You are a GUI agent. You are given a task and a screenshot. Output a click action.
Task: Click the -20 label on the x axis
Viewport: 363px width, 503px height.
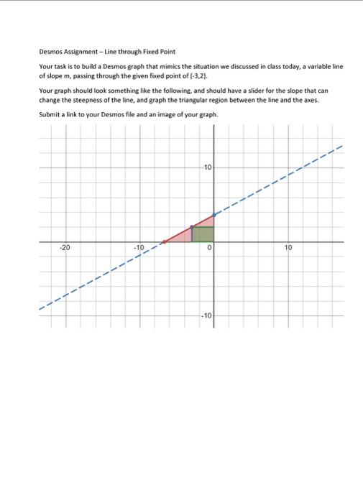[65, 248]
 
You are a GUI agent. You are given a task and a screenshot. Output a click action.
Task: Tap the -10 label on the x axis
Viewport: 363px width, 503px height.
[139, 248]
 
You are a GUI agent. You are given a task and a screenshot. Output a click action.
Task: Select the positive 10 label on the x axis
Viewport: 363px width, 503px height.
[288, 248]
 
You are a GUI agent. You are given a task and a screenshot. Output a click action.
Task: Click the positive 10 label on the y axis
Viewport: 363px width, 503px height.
[208, 167]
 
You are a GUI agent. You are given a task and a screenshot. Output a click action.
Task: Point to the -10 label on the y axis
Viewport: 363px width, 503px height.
[206, 316]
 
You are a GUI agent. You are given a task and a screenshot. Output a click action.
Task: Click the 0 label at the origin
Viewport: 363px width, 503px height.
[208, 248]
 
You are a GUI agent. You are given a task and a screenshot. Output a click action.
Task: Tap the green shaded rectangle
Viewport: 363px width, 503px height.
[203, 234]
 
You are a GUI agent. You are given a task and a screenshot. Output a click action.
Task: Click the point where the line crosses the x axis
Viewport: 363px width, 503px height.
[164, 241]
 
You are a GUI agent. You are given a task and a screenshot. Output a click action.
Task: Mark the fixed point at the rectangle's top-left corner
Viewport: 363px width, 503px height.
[191, 227]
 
